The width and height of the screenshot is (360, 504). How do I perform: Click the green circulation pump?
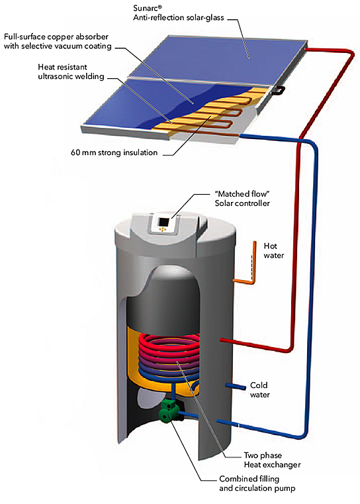[169, 411]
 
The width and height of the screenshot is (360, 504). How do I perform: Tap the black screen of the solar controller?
[164, 223]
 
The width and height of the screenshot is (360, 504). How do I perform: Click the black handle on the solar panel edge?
[278, 91]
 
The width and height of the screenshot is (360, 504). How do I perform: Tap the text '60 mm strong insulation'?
[114, 152]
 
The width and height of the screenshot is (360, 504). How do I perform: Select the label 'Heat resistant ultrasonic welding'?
[71, 72]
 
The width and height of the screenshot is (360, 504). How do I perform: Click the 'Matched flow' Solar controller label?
[242, 198]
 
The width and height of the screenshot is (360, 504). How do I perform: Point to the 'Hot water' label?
[273, 250]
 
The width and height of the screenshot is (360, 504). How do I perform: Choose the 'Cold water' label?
[259, 389]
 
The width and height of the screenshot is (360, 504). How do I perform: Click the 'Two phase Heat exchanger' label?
[272, 460]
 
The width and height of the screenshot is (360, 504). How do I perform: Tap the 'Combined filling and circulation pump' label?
[257, 483]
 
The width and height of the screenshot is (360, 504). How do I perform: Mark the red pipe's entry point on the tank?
[221, 340]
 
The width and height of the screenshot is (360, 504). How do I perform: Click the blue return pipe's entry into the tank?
[218, 421]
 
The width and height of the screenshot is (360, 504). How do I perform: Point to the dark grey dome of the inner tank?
[165, 294]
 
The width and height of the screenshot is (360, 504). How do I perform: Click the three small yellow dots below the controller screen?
[162, 230]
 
